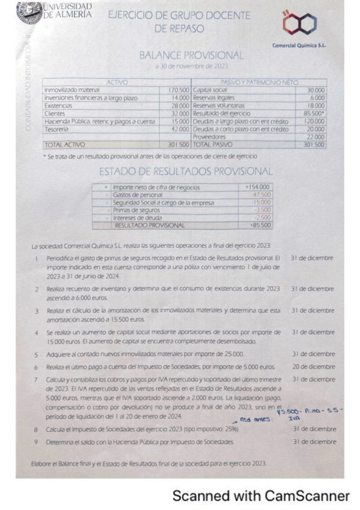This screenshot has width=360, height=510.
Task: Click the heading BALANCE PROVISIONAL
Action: [x=191, y=55]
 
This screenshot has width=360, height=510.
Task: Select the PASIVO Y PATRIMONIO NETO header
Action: [x=258, y=82]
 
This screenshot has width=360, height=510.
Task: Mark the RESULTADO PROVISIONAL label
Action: [x=150, y=226]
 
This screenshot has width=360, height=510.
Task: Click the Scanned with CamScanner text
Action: [x=261, y=496]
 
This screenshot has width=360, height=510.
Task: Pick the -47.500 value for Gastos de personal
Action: [x=259, y=195]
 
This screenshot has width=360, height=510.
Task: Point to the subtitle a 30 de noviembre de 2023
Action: [x=191, y=66]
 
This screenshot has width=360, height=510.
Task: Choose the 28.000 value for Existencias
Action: [x=180, y=106]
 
